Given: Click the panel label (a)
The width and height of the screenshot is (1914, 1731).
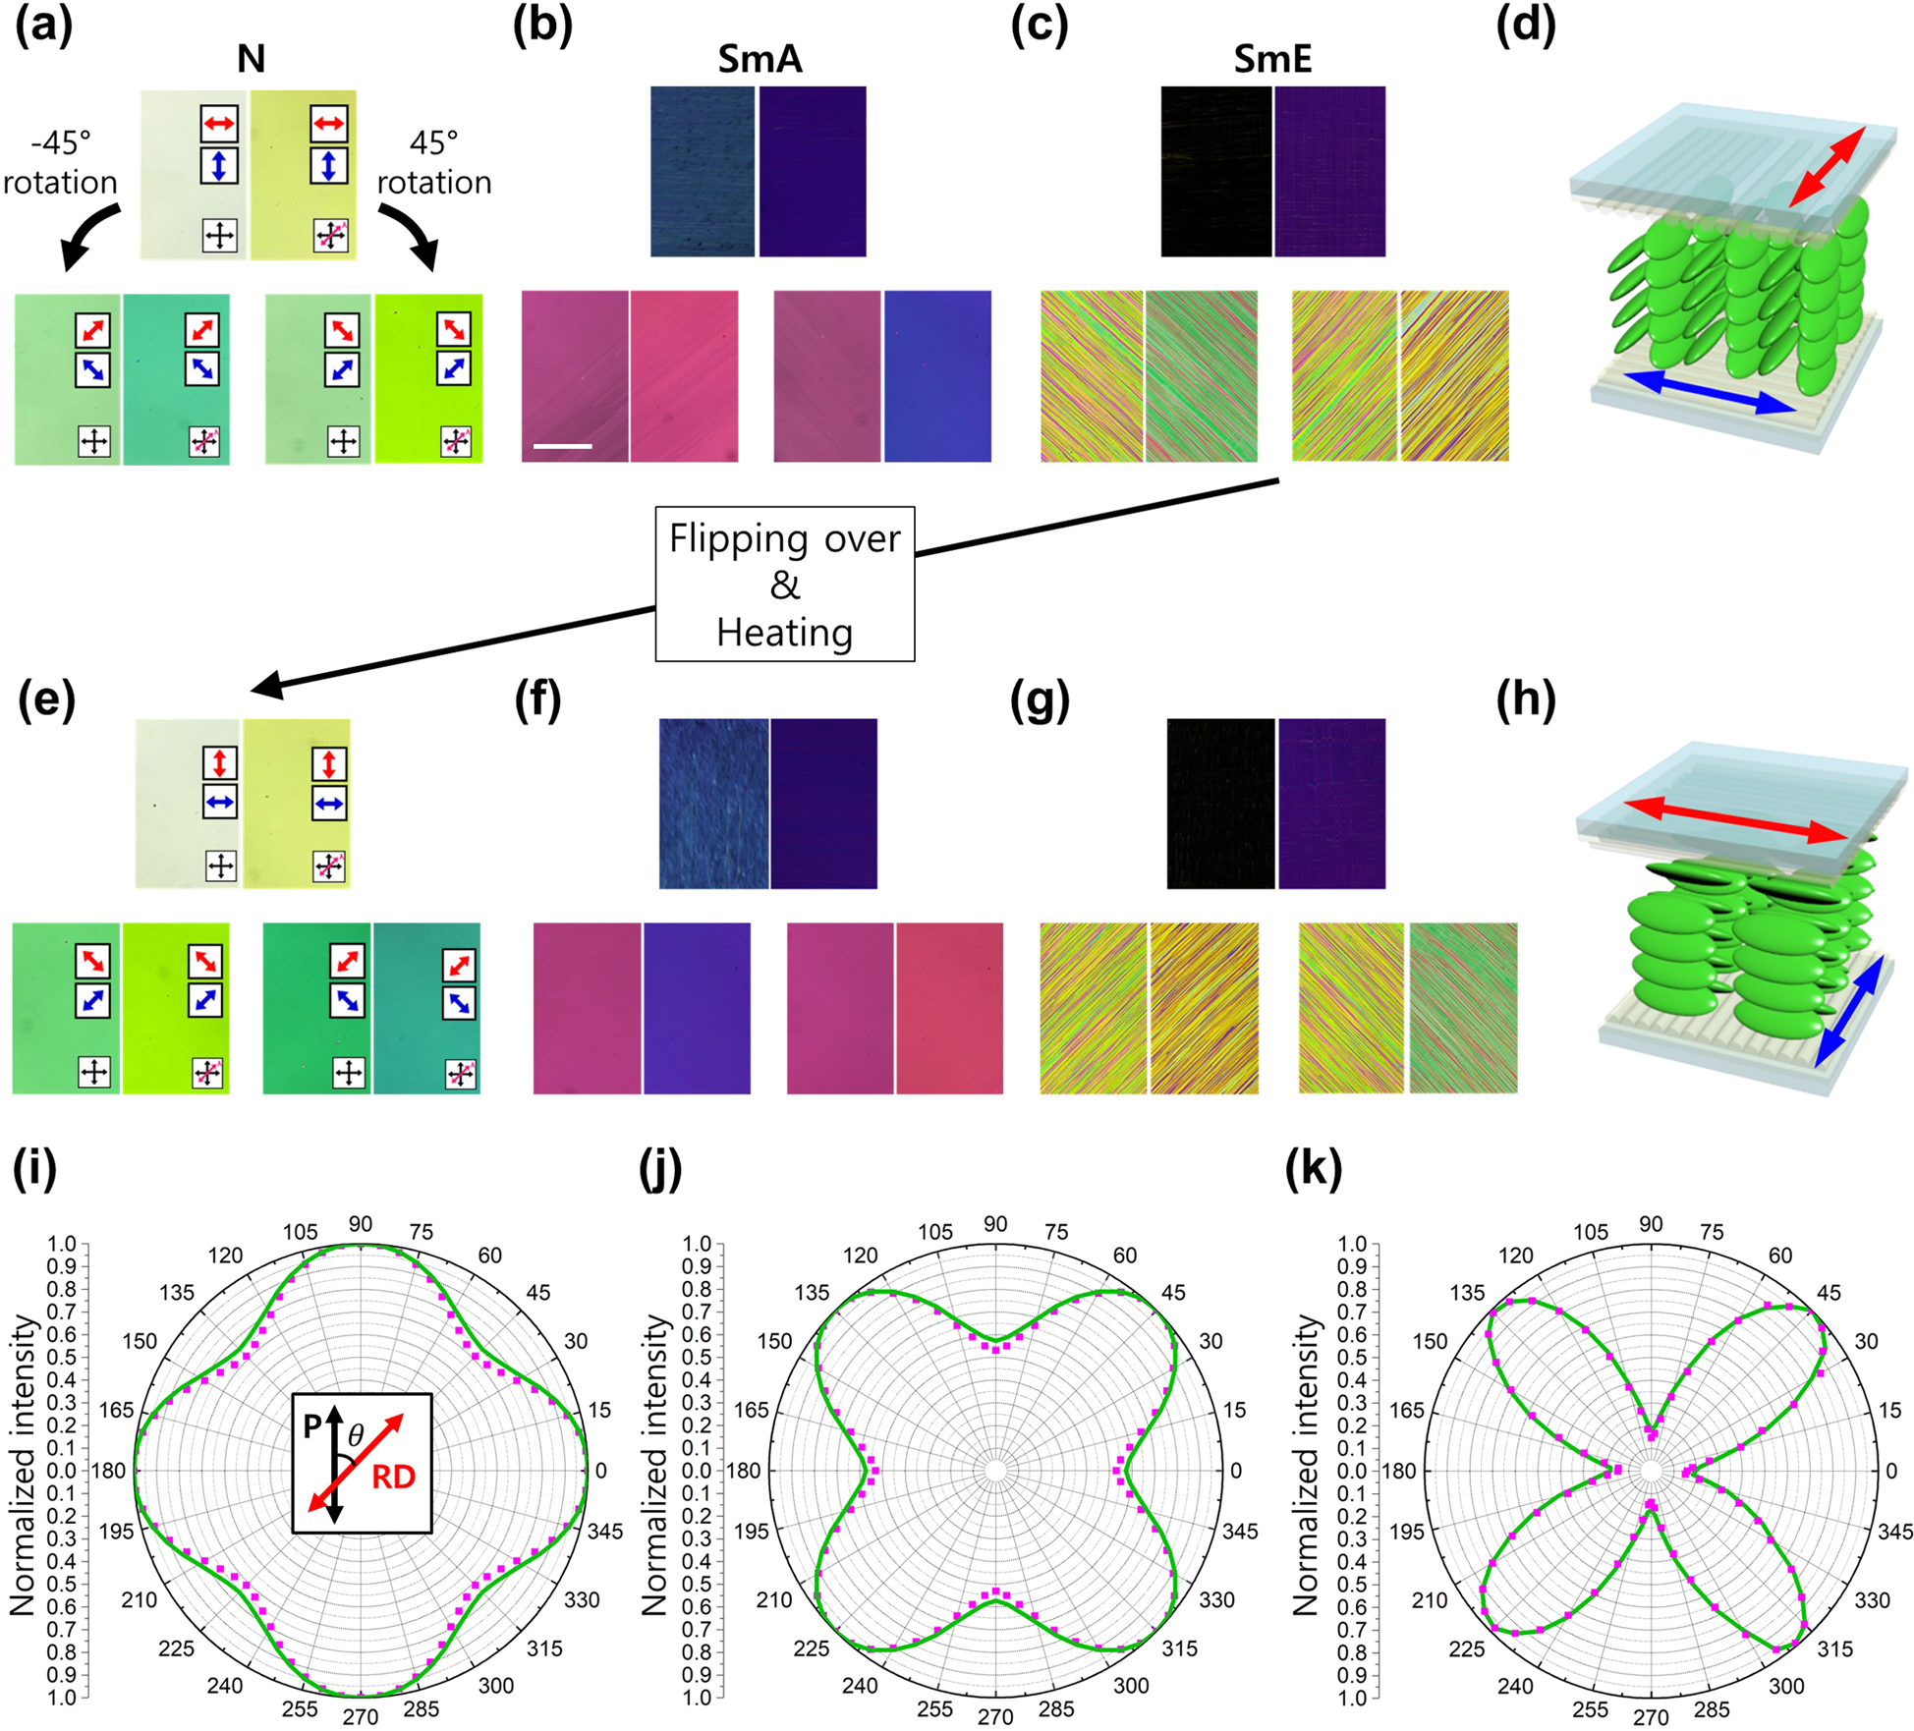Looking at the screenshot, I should (x=43, y=27).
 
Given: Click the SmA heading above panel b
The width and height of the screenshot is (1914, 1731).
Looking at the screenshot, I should (x=760, y=59).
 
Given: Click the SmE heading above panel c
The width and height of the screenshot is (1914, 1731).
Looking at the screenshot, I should (x=1272, y=59).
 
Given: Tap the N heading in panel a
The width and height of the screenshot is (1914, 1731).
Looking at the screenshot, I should (x=251, y=59).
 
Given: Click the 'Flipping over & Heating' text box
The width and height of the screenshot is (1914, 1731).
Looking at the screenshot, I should (x=784, y=584).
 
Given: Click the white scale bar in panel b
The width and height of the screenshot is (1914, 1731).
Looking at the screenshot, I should (x=562, y=446).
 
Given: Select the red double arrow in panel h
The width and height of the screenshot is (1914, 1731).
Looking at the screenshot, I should (x=1735, y=819).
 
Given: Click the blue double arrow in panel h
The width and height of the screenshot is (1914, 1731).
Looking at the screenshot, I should (x=1848, y=1012).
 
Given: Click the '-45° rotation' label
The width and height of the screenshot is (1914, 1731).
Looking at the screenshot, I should (x=60, y=162).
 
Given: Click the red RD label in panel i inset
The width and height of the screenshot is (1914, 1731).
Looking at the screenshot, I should (x=393, y=1476).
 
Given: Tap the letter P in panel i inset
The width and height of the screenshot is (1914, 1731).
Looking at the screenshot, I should (x=311, y=1425).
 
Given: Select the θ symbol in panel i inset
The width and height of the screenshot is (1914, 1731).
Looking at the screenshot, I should (x=356, y=1435).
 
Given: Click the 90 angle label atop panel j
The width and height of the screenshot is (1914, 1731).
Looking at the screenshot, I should (x=995, y=1224).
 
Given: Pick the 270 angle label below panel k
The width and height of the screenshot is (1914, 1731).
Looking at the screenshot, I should (x=1651, y=1716).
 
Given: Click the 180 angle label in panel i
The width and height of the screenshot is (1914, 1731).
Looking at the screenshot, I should (x=109, y=1471).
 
